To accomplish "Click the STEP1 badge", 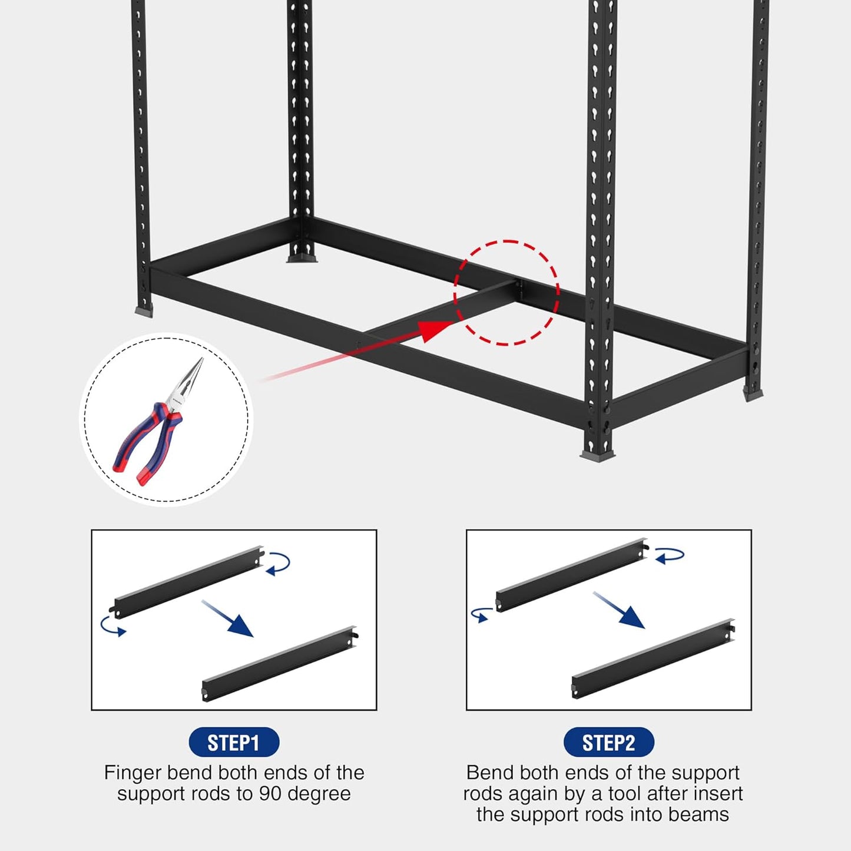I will click(x=234, y=742).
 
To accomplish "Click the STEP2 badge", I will click(x=608, y=742).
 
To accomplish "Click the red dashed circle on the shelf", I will click(x=506, y=292).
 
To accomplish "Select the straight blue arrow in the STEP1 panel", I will click(x=227, y=618).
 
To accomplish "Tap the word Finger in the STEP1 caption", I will click(x=133, y=773).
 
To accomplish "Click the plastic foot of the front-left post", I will click(x=144, y=311).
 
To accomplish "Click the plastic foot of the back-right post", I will click(x=753, y=393).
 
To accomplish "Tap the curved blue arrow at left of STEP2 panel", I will click(x=481, y=614).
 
